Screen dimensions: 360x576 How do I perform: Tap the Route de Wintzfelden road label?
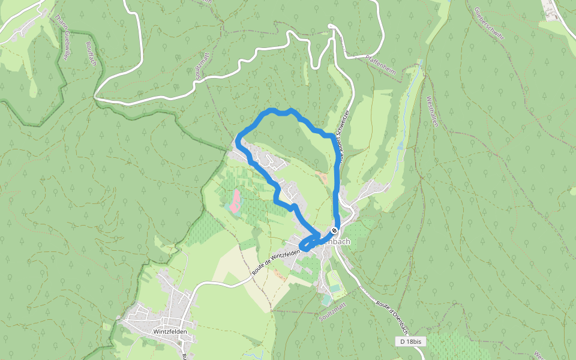[x=276, y=262]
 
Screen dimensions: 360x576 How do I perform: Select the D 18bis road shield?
[x=411, y=341]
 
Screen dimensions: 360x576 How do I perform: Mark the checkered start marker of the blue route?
[x=334, y=231]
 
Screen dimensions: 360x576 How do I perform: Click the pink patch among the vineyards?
[x=235, y=201]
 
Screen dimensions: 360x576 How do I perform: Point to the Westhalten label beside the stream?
[x=433, y=111]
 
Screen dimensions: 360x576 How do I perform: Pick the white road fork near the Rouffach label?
[x=95, y=96]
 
